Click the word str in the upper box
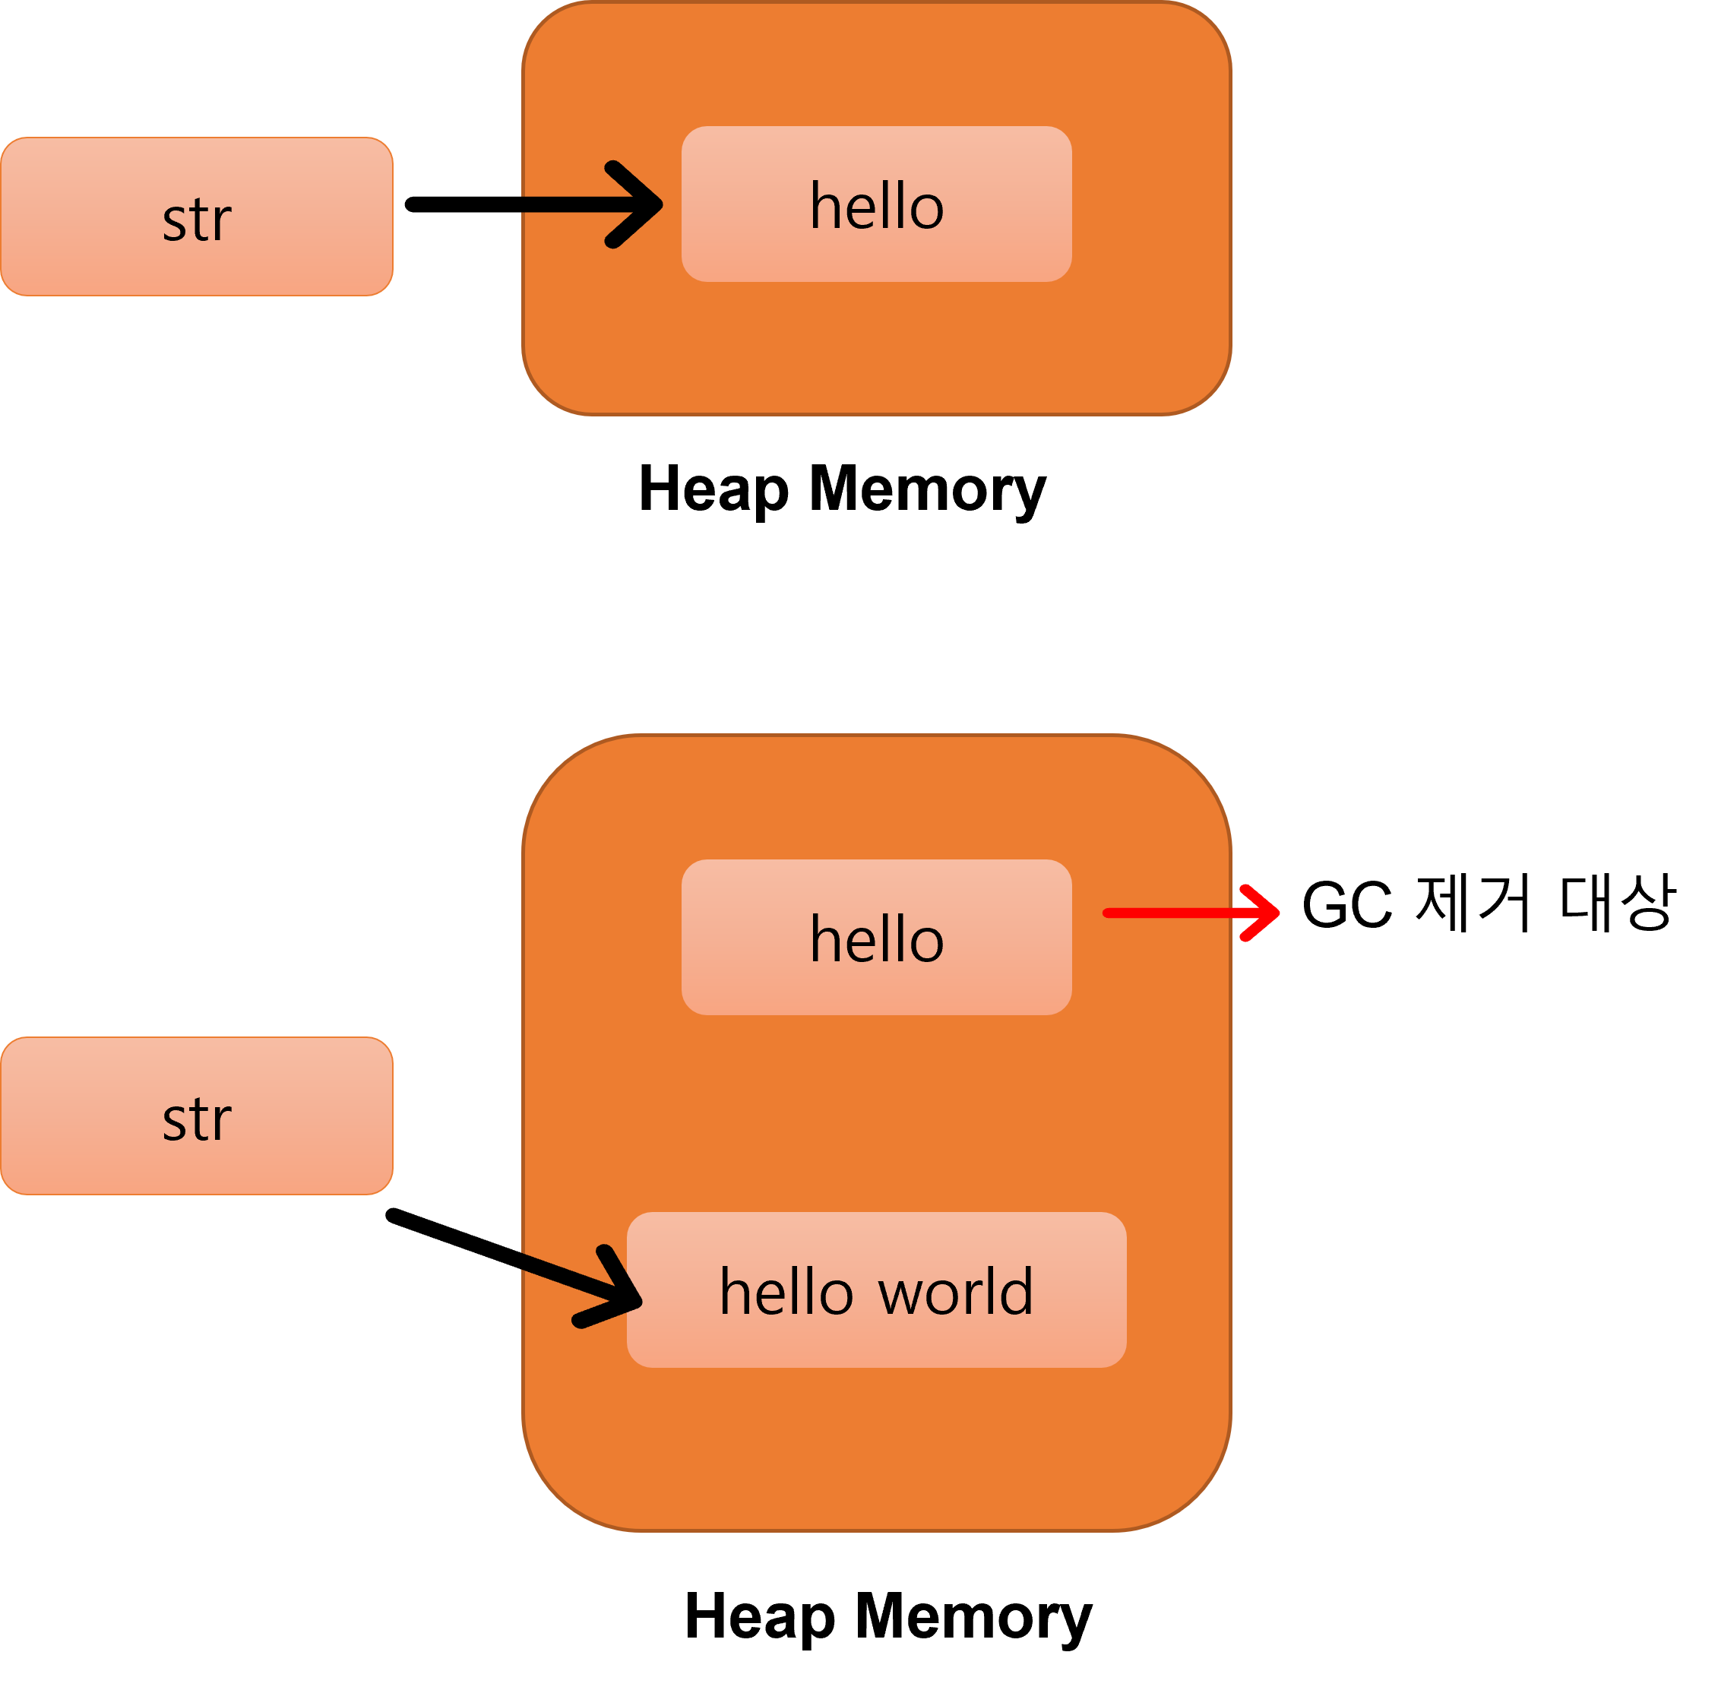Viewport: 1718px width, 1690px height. (196, 220)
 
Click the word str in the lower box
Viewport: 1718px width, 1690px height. (196, 1119)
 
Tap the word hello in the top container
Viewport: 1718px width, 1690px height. (876, 206)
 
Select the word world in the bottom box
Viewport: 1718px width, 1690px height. (956, 1293)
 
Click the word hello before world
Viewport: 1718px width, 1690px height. (786, 1293)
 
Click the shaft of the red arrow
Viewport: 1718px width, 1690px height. (1172, 913)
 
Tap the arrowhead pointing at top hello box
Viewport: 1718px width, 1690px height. (644, 205)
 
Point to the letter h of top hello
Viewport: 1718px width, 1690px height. (824, 206)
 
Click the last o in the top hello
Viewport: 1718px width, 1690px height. (926, 210)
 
